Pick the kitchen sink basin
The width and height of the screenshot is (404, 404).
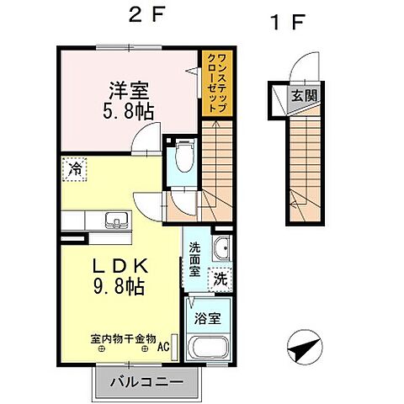pos(116,221)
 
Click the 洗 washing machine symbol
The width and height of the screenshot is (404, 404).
pos(219,277)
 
